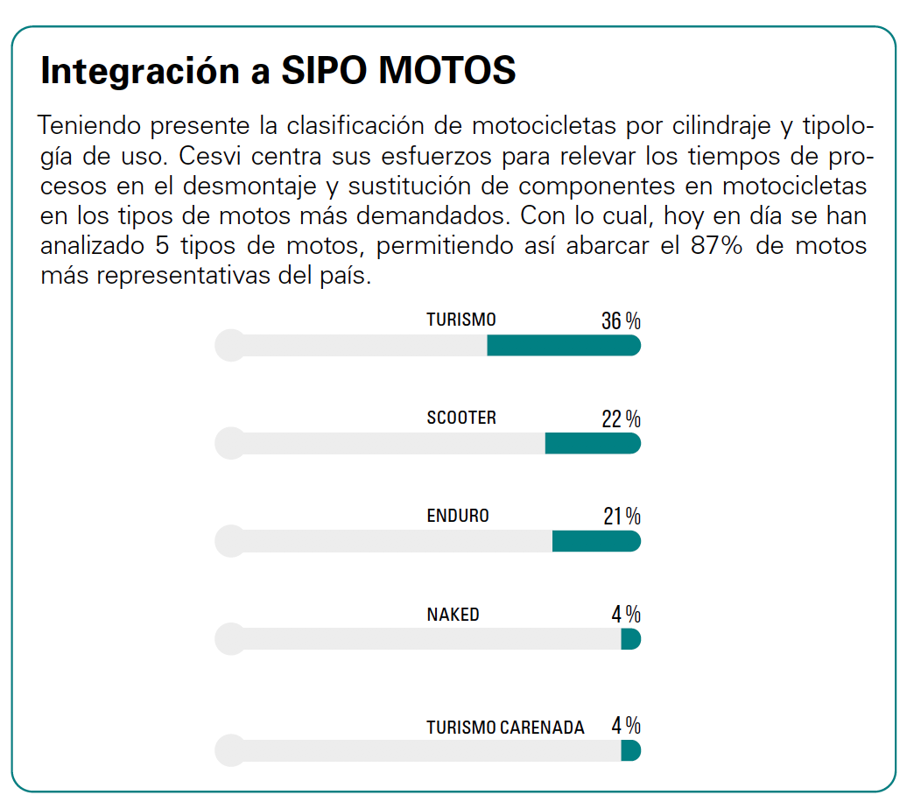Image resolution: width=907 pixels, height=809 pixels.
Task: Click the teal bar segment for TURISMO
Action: pos(564,346)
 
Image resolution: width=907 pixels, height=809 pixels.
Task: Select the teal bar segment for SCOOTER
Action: pos(593,443)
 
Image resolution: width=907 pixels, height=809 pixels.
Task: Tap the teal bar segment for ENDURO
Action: pos(596,541)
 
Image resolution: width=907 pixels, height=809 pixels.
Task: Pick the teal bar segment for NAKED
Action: pos(631,639)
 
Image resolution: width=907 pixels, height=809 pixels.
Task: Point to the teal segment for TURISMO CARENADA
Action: pos(631,750)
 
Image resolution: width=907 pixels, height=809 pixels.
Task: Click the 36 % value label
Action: pos(621,320)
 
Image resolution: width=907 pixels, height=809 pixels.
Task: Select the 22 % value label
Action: pos(621,419)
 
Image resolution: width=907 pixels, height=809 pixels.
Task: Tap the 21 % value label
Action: pos(622,517)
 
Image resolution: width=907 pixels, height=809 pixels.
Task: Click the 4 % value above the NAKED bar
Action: pos(626,614)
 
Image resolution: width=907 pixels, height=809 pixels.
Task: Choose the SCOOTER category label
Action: pos(461,418)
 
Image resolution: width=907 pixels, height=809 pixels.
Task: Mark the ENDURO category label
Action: pos(458,515)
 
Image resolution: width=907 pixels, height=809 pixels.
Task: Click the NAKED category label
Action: pos(453,614)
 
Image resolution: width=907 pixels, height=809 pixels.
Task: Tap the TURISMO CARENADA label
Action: pos(505,727)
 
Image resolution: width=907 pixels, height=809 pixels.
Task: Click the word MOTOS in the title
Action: pos(446,71)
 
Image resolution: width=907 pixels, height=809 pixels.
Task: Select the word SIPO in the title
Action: pos(324,71)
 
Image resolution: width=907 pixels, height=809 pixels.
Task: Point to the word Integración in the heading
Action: pos(141,72)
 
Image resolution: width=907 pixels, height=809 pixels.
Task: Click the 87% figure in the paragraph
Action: pos(716,245)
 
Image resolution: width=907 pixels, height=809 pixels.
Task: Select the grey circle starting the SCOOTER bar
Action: pos(231,443)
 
